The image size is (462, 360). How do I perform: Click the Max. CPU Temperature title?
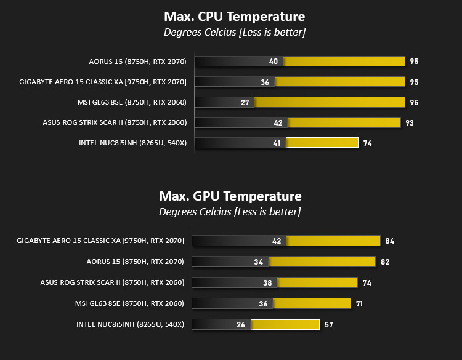234,17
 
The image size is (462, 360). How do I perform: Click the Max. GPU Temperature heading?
230,196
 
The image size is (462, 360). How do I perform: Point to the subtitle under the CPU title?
235,32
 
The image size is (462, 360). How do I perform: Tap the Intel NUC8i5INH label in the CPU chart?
132,143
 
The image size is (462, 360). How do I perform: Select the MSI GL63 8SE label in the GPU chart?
129,303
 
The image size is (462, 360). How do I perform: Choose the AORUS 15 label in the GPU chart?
135,262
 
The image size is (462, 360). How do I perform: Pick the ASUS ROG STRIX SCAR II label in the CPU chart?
115,122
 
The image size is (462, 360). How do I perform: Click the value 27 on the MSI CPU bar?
245,102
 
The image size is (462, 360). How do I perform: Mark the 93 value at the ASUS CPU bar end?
410,122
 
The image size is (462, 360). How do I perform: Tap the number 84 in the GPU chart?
389,241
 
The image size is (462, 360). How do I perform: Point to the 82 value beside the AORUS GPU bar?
385,262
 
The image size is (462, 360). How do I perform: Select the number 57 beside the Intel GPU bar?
328,325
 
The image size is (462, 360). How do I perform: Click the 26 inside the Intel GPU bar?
241,325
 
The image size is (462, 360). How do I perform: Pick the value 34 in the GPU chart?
258,262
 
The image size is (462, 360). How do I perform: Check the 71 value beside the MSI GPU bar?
359,304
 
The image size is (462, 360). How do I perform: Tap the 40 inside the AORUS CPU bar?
274,62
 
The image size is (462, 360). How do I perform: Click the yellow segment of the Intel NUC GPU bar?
285,325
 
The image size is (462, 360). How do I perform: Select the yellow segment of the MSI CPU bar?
330,102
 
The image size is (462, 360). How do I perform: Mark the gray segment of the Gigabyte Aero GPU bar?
239,241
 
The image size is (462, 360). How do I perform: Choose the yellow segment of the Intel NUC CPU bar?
322,143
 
